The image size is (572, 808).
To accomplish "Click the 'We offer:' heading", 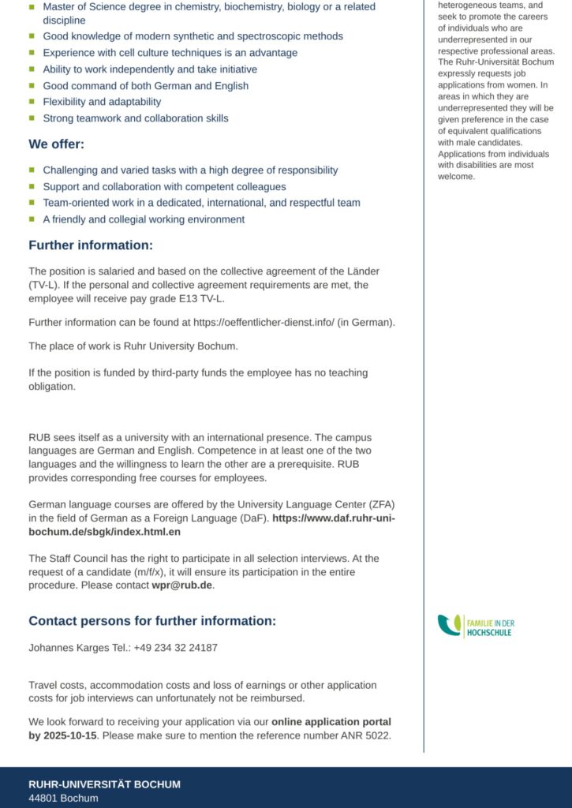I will point(56,144).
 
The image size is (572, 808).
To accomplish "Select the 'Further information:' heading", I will point(91,245).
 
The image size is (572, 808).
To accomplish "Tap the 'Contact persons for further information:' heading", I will point(152,621).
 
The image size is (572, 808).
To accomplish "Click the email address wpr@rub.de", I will point(182,585).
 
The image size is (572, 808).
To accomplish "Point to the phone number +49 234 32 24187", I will point(175,648).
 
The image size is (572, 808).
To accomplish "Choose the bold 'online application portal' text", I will point(331,721).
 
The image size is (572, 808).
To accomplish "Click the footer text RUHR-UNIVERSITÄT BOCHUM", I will point(104,784).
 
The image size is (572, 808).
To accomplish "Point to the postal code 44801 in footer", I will point(42,798).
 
